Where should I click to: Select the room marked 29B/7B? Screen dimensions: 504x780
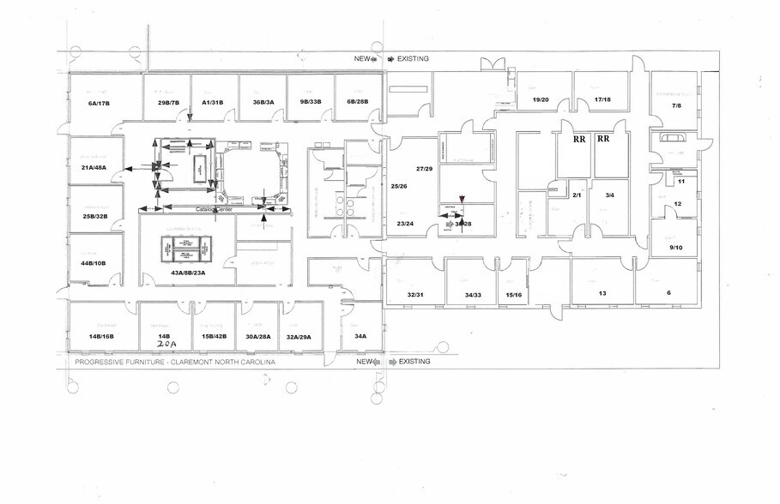[168, 103]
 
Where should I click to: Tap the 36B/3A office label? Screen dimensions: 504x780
[263, 103]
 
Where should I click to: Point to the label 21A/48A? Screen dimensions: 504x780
[93, 167]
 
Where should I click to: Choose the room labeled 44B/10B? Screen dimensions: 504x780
[93, 262]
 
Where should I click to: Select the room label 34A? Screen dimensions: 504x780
[360, 337]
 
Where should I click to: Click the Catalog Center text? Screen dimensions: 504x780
[215, 209]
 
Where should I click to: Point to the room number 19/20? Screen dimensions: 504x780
[541, 100]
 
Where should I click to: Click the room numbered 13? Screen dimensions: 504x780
[602, 293]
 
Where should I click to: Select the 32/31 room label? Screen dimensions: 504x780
[415, 295]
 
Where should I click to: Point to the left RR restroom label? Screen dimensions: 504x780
[579, 138]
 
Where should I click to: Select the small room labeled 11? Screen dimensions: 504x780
[680, 182]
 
